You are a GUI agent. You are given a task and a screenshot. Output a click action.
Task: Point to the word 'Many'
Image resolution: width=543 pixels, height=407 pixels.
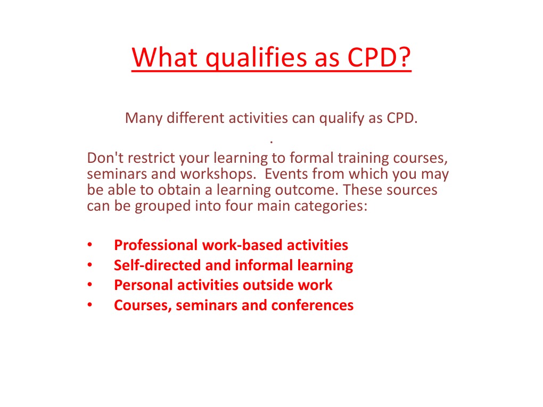144,118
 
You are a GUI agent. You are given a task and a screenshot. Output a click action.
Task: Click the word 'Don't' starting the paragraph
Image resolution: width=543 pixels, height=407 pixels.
103,159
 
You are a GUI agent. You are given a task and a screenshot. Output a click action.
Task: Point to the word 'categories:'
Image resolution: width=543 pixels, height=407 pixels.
335,205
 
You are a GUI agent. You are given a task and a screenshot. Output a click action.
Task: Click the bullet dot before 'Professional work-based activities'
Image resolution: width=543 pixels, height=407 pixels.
89,246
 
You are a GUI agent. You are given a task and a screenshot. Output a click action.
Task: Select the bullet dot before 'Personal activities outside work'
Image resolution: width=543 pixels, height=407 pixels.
89,285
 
